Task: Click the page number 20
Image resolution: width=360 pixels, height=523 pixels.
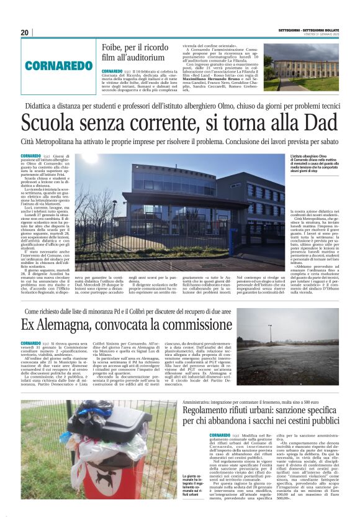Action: [25, 32]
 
